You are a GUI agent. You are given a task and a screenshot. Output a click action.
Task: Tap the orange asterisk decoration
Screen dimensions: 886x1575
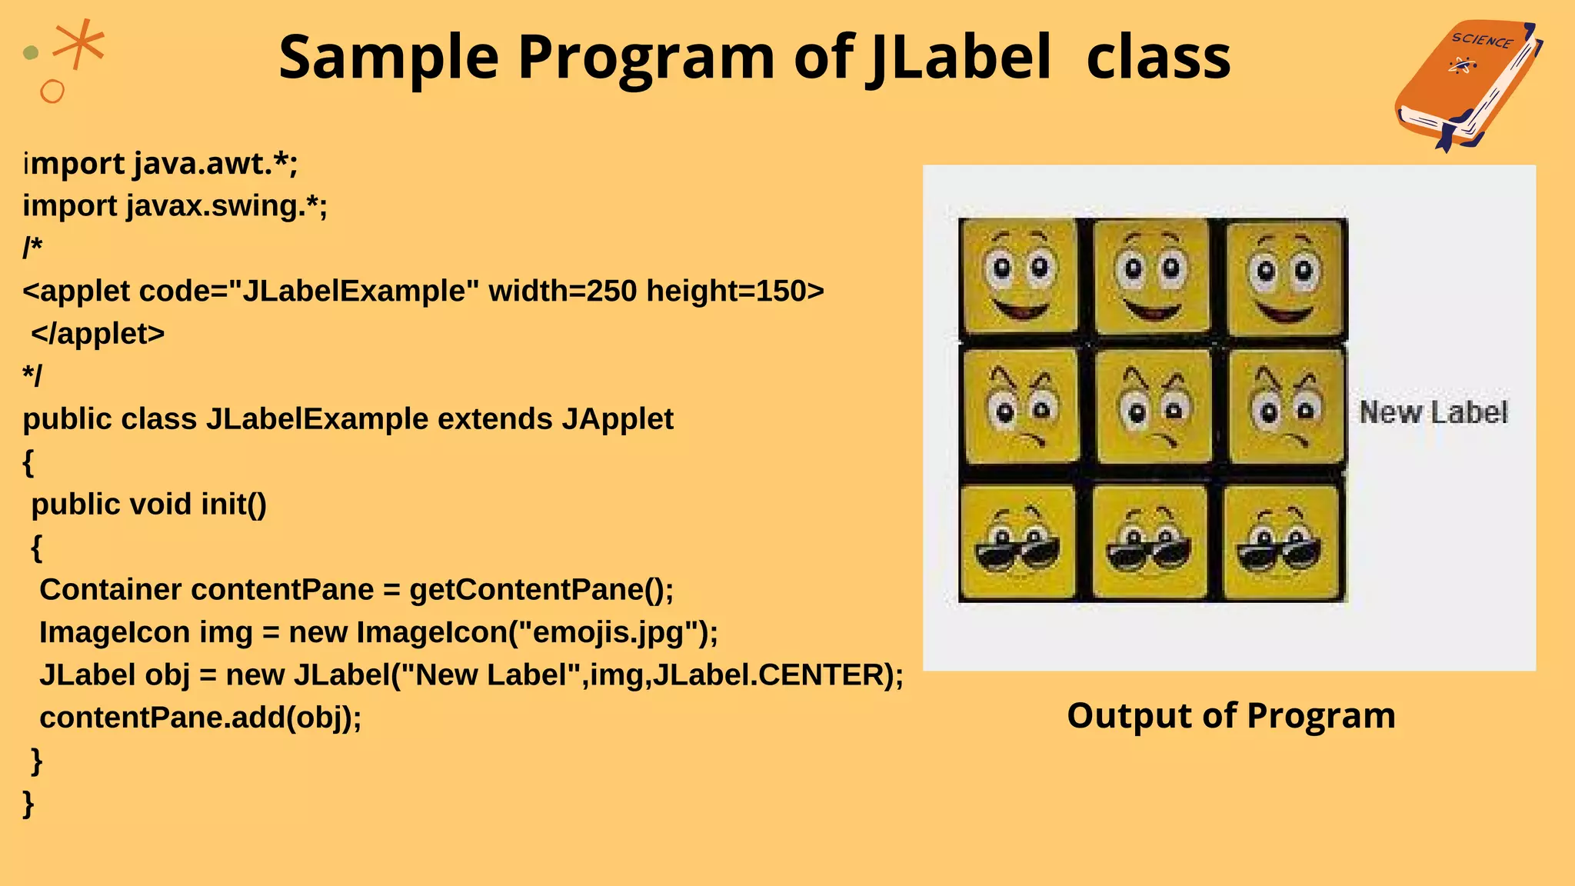tap(79, 42)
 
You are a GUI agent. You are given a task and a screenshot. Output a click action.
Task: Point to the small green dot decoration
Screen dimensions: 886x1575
tap(31, 52)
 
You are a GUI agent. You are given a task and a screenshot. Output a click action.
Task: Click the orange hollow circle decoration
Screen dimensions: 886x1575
tap(52, 92)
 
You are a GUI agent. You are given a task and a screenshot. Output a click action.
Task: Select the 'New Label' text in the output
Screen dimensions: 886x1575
tap(1433, 413)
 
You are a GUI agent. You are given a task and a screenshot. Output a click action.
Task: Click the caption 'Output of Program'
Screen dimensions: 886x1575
tap(1230, 715)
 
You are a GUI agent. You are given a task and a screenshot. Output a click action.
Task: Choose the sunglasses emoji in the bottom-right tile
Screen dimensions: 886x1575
tap(1281, 542)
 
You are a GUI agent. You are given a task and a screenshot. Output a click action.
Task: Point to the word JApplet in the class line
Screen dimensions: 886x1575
tap(617, 419)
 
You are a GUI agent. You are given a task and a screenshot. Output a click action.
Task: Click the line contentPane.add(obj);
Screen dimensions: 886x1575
tap(200, 718)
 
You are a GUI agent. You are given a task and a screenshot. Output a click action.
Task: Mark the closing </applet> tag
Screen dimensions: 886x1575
tap(98, 334)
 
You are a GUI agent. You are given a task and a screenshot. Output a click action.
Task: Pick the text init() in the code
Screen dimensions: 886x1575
tap(233, 505)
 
